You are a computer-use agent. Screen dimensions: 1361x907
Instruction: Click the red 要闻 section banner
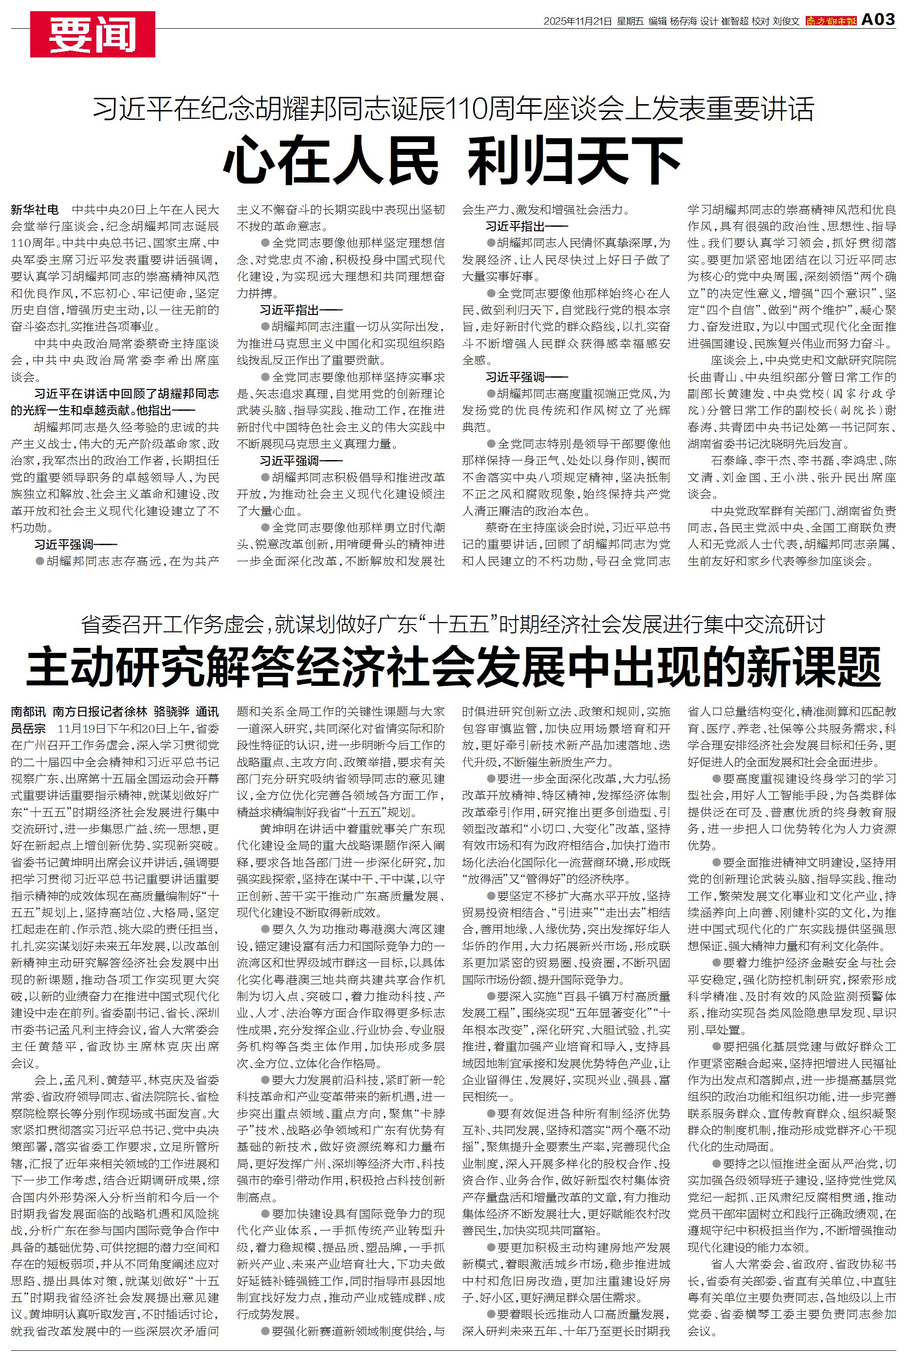click(93, 34)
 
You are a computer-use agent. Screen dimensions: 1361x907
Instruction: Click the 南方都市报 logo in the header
click(831, 21)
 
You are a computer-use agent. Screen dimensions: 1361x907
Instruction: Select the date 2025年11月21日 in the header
click(577, 21)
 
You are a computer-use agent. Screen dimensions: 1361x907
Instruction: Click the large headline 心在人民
click(330, 159)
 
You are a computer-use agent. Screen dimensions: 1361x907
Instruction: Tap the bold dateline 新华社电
click(35, 209)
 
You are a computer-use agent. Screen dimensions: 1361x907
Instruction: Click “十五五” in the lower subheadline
click(458, 624)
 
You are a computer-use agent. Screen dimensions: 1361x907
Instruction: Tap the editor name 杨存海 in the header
click(683, 21)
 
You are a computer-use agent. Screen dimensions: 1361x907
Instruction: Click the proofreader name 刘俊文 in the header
click(785, 21)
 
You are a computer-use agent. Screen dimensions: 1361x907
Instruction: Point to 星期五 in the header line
click(629, 21)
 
